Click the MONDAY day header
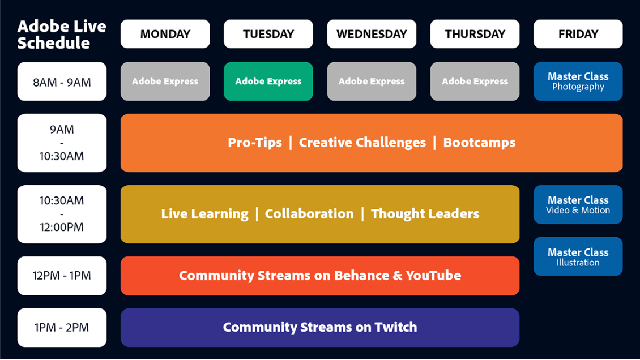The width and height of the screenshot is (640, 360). point(165,34)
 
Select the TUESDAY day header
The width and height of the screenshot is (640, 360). point(268,34)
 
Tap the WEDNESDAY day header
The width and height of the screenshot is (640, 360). point(372,34)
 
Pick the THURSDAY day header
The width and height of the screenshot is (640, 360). point(475,34)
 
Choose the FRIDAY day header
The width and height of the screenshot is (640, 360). point(578,34)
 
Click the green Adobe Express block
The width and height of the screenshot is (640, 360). point(268,82)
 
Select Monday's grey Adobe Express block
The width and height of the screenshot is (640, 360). point(165,82)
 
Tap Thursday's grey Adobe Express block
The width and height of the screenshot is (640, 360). point(475,82)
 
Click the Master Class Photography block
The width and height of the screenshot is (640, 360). point(578,82)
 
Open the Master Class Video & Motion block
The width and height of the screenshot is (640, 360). point(578,205)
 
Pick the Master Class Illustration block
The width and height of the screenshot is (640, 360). point(578,256)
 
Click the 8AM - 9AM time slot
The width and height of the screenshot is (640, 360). point(62,82)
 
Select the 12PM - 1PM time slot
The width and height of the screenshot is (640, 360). point(62,276)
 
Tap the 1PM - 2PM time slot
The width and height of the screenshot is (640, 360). point(62,328)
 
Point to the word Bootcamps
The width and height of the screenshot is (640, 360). point(479,143)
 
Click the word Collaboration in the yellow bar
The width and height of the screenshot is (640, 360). point(309,213)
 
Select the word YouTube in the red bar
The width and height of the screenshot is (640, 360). point(433,276)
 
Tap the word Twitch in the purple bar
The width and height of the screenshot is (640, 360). point(396,327)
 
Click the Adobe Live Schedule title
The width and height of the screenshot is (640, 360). point(62,35)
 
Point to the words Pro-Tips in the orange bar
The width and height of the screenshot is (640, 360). point(255,143)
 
